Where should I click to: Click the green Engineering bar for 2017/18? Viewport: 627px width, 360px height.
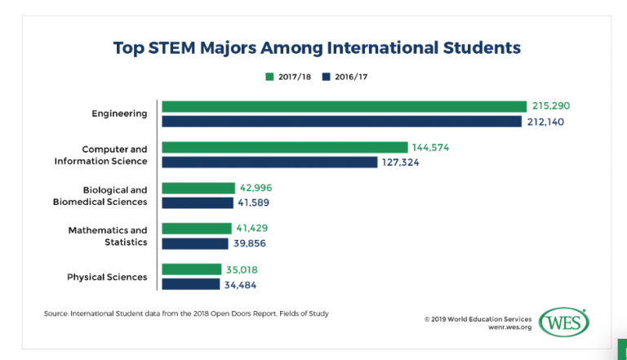pos(344,106)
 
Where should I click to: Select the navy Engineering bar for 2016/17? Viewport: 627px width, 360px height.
pos(341,122)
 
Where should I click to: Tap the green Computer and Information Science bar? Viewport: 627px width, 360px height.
pos(284,147)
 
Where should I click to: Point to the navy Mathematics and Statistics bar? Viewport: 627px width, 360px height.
pos(195,243)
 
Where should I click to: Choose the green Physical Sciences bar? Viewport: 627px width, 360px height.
pos(192,269)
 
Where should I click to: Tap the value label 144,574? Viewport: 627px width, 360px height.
pos(431,148)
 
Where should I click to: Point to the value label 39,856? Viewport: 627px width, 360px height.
pos(250,243)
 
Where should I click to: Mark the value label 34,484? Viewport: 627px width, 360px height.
pos(242,284)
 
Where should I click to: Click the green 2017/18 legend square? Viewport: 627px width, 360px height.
pos(269,77)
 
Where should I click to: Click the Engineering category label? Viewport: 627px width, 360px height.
pos(119,113)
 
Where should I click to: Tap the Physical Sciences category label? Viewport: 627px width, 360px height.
pos(107,277)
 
